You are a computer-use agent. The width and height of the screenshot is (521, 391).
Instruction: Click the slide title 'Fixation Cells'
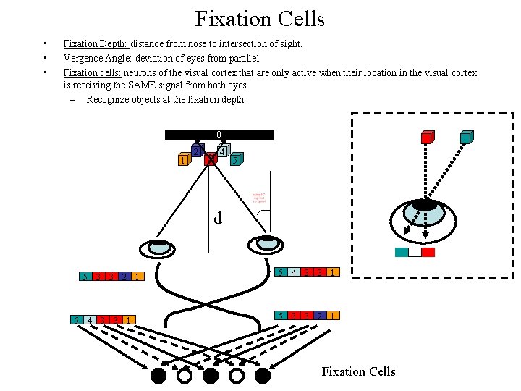(x=260, y=19)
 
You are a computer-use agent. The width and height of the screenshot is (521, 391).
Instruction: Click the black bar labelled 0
(x=219, y=135)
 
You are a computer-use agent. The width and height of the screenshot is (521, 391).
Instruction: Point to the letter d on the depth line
(x=217, y=218)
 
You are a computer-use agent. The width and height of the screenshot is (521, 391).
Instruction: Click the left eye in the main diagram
(x=158, y=247)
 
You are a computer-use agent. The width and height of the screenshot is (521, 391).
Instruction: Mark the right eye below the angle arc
(x=268, y=243)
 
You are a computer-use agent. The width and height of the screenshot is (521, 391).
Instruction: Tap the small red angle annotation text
(x=261, y=197)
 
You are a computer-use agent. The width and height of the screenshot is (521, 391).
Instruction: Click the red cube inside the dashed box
(x=428, y=138)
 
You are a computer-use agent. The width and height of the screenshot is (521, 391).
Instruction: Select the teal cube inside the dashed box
(x=466, y=138)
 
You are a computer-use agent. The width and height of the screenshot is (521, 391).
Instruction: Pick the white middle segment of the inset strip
(x=415, y=253)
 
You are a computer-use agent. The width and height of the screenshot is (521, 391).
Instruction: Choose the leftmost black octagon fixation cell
(x=158, y=375)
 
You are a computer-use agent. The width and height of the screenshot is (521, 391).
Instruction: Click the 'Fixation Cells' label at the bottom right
(x=359, y=371)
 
